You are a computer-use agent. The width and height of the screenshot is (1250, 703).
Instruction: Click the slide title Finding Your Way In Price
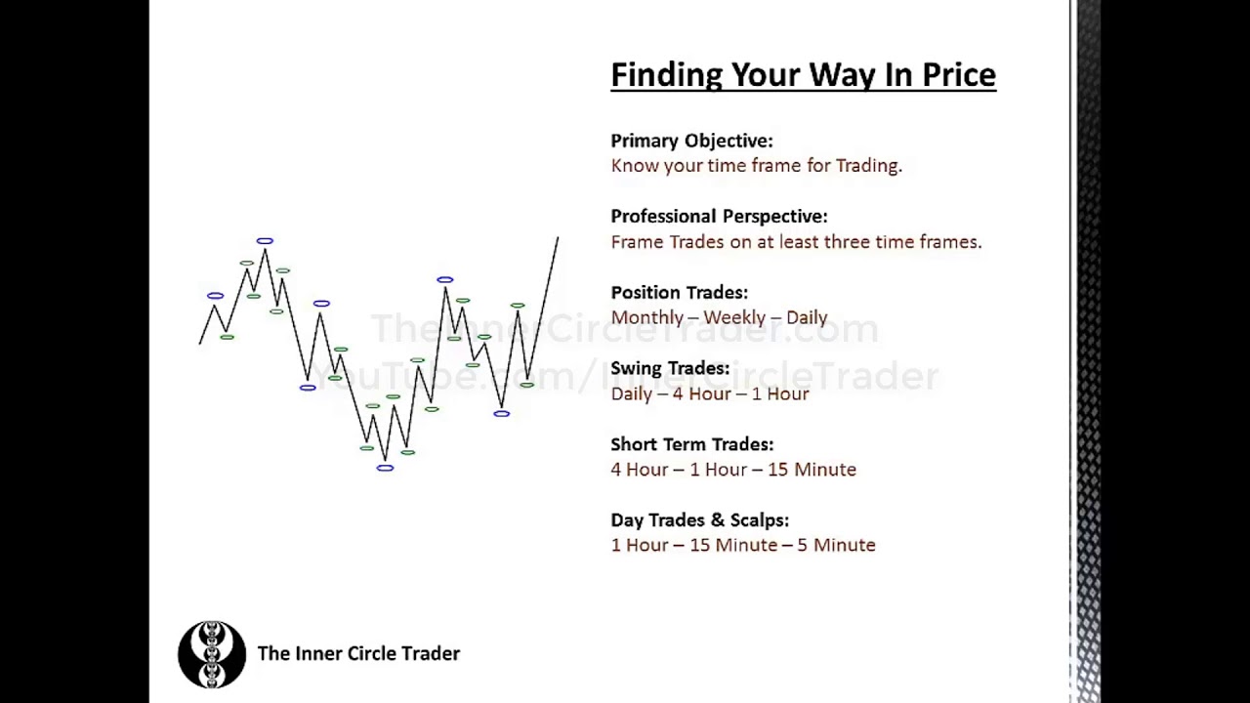[x=803, y=75]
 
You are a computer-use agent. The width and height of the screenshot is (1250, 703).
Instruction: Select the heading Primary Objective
[x=691, y=141]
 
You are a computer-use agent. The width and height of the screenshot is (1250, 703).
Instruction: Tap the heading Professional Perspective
[x=719, y=217]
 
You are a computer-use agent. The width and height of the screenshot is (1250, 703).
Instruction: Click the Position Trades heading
[x=679, y=293]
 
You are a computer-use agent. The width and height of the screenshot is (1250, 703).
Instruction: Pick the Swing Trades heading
[x=670, y=368]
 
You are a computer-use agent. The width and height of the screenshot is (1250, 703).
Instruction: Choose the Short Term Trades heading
[x=691, y=444]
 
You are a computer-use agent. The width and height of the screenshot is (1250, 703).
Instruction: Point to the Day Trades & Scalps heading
[x=699, y=520]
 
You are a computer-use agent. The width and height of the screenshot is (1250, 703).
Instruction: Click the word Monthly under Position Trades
[x=647, y=318]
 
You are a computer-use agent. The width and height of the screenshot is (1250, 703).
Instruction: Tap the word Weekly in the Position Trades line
[x=734, y=318]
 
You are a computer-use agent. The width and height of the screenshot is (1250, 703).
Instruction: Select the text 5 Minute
[x=836, y=546]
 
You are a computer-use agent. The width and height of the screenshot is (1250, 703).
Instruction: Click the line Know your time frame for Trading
[x=756, y=166]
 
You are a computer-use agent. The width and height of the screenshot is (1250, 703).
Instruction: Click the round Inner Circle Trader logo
[x=212, y=654]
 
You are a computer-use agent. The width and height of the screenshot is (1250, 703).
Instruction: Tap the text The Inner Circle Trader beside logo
[x=358, y=654]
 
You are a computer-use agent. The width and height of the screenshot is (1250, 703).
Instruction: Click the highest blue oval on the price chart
[x=265, y=240]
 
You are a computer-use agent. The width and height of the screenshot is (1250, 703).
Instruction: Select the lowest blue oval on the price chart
[x=385, y=469]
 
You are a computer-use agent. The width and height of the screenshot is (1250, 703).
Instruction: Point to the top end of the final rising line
[x=558, y=237]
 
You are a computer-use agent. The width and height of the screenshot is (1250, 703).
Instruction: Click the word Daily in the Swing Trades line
[x=631, y=394]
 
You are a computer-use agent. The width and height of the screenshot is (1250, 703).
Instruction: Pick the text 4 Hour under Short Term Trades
[x=640, y=470]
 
